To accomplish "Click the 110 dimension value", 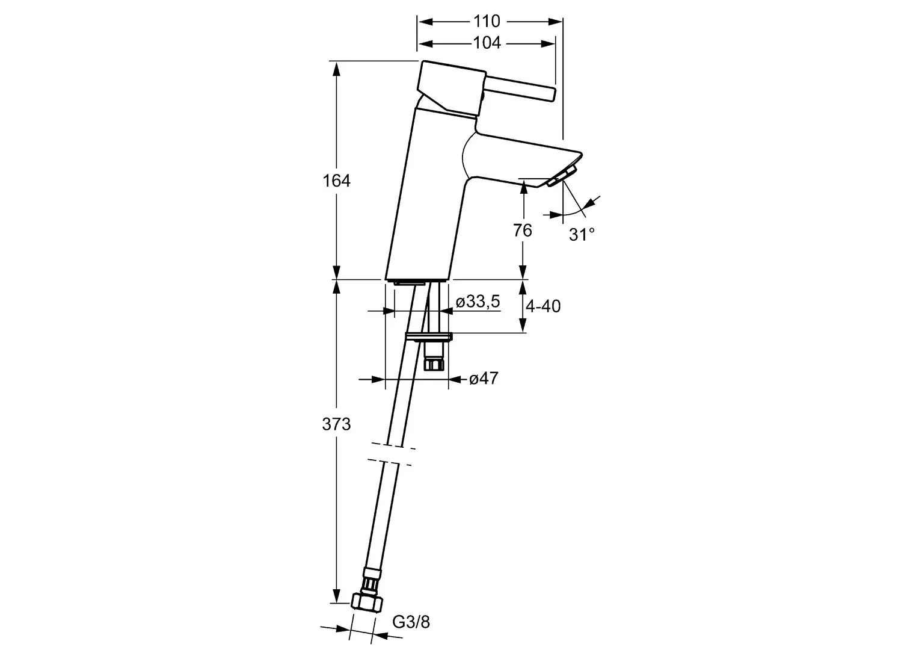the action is (487, 21).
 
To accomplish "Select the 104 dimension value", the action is (487, 43).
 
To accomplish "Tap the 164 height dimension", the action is (336, 181).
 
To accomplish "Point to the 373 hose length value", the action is (336, 424).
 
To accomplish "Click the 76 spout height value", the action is (522, 231).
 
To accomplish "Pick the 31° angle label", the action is (582, 235).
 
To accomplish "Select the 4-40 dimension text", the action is (543, 306).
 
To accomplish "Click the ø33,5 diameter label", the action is (478, 302).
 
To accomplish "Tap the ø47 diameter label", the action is (484, 379).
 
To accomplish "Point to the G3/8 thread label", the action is (411, 622).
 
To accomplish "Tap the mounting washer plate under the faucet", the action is (429, 336).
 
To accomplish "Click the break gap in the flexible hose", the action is (391, 454).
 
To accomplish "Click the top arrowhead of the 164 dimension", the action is (336, 69).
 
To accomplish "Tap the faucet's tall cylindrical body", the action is (426, 193).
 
